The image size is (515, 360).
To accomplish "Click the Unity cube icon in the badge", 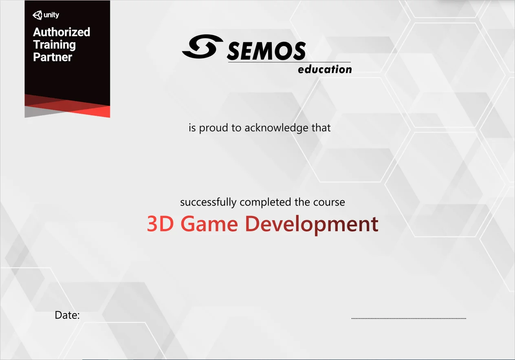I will coord(37,15).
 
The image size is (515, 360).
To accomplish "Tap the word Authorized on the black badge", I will coord(62,32).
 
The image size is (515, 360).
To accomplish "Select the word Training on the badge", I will coord(54,44).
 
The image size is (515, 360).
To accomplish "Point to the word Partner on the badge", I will coord(53,57).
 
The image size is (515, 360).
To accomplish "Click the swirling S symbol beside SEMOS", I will coord(202,46).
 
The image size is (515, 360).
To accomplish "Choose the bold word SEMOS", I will coord(266,51).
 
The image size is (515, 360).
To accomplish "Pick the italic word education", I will coord(325,69).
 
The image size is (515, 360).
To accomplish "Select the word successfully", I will coord(208,202).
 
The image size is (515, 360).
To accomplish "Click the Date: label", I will coord(67,315).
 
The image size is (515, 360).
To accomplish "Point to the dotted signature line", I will coord(409,318).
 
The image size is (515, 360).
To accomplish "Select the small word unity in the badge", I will coord(51,15).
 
